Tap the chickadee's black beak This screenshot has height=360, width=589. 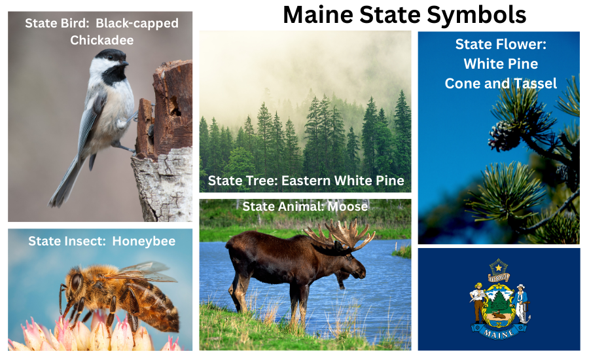click(x=124, y=63)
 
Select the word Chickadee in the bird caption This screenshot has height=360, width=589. click(x=102, y=40)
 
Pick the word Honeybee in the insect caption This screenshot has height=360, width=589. click(x=144, y=241)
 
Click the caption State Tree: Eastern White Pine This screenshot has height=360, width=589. click(x=306, y=180)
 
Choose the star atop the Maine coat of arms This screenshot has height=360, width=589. click(x=499, y=266)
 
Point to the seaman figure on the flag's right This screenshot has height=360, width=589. click(x=522, y=301)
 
